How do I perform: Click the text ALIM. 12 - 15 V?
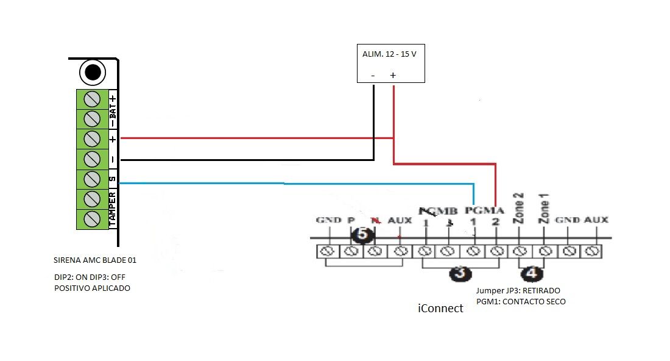tap(389, 54)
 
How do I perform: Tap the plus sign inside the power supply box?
tap(393, 75)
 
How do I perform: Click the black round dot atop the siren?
tap(93, 73)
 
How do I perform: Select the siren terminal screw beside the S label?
tap(92, 179)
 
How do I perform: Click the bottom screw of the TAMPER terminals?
tap(92, 218)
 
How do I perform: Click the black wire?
tap(244, 160)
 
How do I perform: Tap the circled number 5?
tap(363, 234)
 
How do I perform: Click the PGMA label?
tap(484, 210)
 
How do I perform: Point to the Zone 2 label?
tap(519, 210)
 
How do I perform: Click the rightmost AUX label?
tap(596, 220)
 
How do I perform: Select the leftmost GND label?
tap(328, 220)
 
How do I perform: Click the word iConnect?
tap(440, 309)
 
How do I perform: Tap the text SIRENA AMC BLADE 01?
tap(95, 260)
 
